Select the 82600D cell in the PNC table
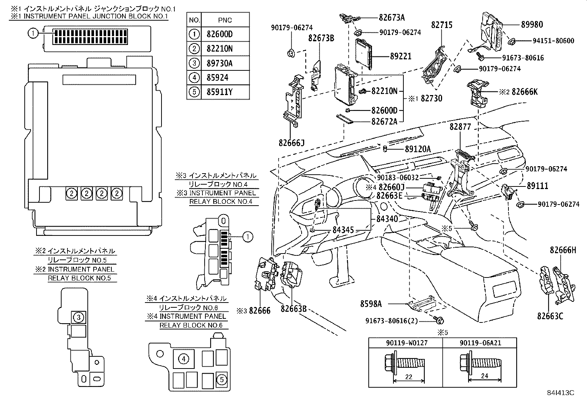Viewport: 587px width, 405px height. [217, 34]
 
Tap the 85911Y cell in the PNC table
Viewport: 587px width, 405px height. [217, 92]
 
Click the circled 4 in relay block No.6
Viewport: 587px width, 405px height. [183, 359]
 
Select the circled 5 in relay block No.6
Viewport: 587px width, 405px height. [221, 379]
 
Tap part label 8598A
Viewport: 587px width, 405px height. [371, 304]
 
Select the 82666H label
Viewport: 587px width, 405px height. [563, 250]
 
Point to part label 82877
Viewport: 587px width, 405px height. [460, 127]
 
